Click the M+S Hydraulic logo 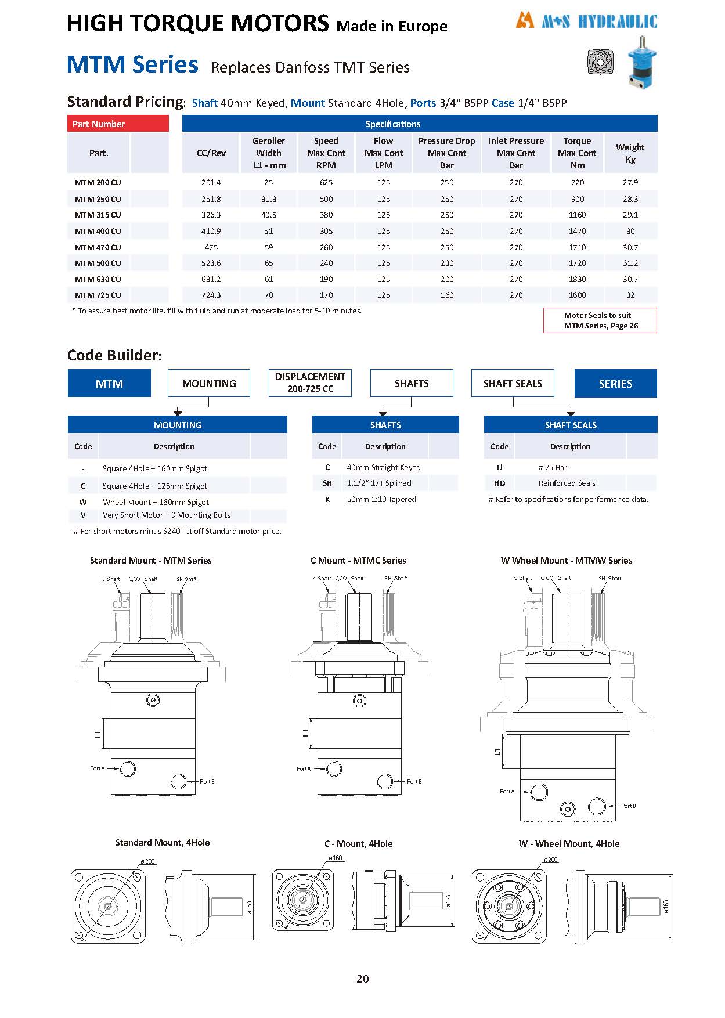586,21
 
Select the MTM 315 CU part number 98,215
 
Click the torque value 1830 577,279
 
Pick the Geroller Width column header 269,153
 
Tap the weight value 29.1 630,215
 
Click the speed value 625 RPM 326,182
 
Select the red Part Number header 118,124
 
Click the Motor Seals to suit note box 600,320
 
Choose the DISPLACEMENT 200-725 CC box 310,383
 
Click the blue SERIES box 615,384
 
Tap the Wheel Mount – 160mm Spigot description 156,502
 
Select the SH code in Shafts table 327,483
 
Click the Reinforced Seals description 567,483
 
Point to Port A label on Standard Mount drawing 98,768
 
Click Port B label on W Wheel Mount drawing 628,806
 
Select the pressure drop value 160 446,295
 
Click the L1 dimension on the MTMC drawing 306,734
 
